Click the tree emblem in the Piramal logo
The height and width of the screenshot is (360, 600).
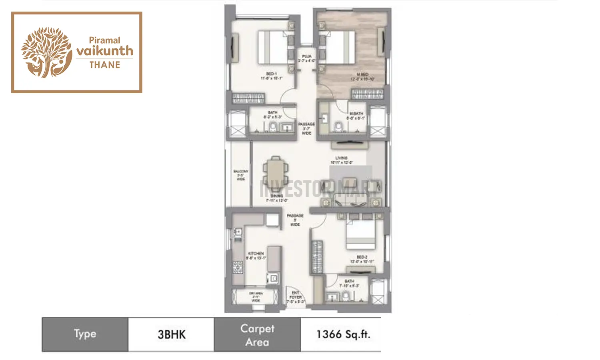(46, 52)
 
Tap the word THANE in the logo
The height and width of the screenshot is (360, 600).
(104, 65)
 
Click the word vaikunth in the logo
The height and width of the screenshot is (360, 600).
(104, 51)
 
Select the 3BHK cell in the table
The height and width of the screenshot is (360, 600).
(171, 334)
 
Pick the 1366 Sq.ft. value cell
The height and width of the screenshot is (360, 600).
(343, 334)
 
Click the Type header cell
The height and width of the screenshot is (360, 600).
(85, 334)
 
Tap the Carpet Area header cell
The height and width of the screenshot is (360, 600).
(257, 335)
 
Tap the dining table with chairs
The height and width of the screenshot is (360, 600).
(275, 171)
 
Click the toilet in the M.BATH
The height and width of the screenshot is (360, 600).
(339, 127)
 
